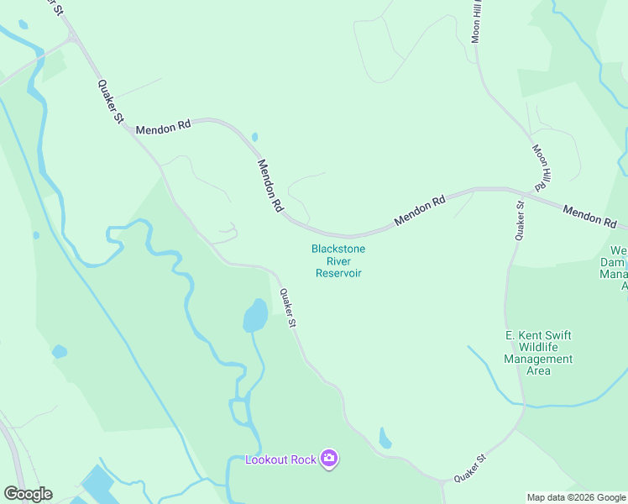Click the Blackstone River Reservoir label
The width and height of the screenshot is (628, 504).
338,260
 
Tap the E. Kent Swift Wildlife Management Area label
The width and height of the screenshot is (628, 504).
538,353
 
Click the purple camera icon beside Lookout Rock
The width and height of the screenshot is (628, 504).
329,459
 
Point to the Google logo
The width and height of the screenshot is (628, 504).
28,494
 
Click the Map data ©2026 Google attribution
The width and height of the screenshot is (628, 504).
576,497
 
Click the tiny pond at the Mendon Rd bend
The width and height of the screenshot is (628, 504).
254,136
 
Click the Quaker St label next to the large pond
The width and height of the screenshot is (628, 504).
288,308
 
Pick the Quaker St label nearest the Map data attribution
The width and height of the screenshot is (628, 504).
470,469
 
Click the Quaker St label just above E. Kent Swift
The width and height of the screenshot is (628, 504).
521,221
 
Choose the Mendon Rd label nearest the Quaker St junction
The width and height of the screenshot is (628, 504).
163,127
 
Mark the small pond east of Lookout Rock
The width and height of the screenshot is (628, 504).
385,438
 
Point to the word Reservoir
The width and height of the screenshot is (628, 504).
338,273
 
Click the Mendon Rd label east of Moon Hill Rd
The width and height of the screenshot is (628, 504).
590,216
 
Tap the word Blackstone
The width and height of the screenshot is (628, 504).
338,249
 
